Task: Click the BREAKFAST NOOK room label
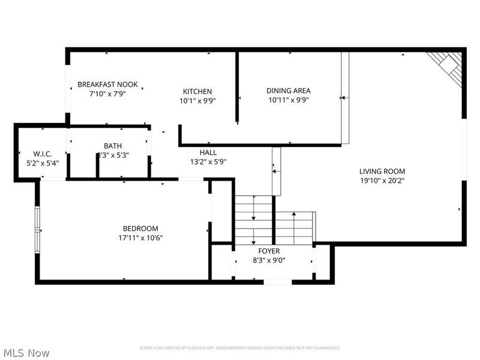click(x=107, y=85)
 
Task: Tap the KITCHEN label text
click(x=197, y=92)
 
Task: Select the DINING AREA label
click(x=289, y=91)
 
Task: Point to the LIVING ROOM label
click(x=382, y=171)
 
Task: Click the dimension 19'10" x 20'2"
click(x=382, y=180)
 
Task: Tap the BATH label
click(x=112, y=146)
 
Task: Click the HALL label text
click(x=208, y=152)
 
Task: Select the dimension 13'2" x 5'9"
click(x=208, y=161)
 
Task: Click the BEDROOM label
click(x=140, y=228)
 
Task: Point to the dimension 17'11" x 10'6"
click(x=140, y=238)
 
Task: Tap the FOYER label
click(x=269, y=251)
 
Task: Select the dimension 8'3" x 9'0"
click(x=269, y=260)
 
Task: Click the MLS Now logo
click(x=26, y=353)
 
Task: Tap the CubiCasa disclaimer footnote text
click(x=240, y=348)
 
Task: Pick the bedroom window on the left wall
click(x=37, y=229)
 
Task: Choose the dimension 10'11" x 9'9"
click(x=289, y=101)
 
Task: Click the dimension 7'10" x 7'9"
click(x=107, y=94)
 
